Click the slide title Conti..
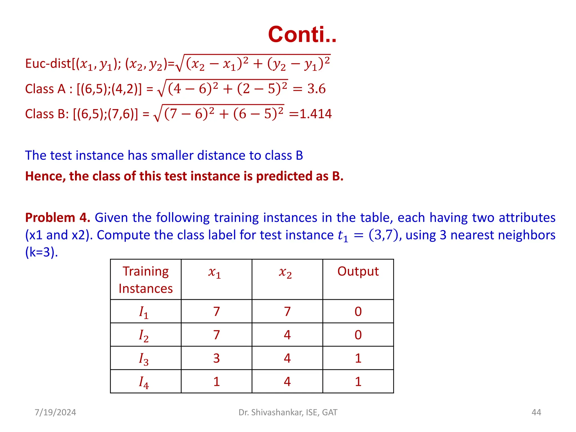[302, 34]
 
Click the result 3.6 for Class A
[316, 89]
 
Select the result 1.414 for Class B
[315, 114]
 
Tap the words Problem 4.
[57, 218]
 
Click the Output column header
[358, 272]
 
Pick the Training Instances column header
[146, 280]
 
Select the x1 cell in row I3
[216, 358]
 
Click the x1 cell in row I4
[216, 382]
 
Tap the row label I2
[144, 336]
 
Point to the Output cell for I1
[358, 312]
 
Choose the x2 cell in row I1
[287, 312]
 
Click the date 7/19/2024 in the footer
[55, 412]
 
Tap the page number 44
[536, 412]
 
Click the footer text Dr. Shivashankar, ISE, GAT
[288, 412]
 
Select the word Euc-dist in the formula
[48, 64]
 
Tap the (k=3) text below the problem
[41, 252]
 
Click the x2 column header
[285, 272]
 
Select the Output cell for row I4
[358, 382]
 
